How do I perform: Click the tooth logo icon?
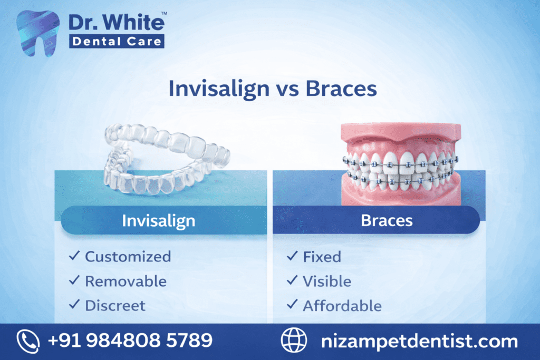coord(38,32)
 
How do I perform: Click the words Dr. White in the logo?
coord(117,23)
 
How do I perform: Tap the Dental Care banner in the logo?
coord(117,41)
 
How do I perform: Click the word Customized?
coord(128,257)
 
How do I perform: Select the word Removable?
coord(126,281)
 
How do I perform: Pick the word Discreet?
coord(115,305)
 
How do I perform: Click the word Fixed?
coord(322,257)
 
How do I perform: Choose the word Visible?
coord(327,281)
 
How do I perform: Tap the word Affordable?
coord(342,305)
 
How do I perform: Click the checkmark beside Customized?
coord(74,257)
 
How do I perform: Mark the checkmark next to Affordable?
coord(292,305)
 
